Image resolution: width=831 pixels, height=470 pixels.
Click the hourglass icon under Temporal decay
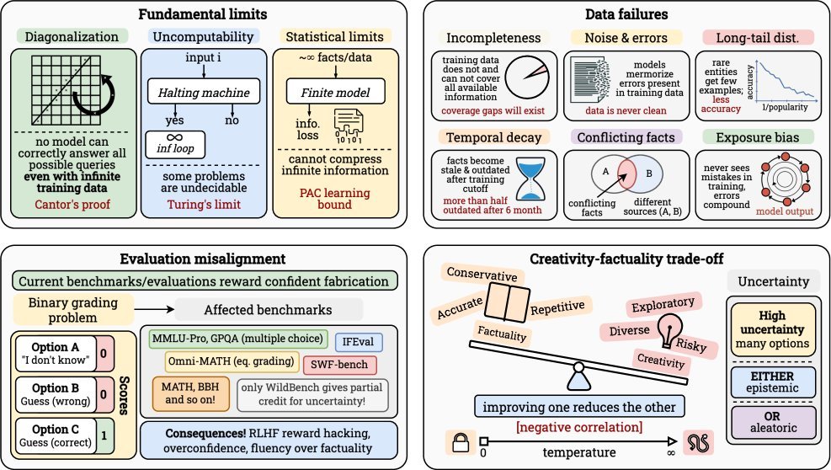530,179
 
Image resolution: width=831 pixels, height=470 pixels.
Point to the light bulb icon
669,328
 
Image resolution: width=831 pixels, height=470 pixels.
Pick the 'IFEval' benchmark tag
359,341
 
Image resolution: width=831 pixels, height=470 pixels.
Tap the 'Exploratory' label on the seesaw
661,302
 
